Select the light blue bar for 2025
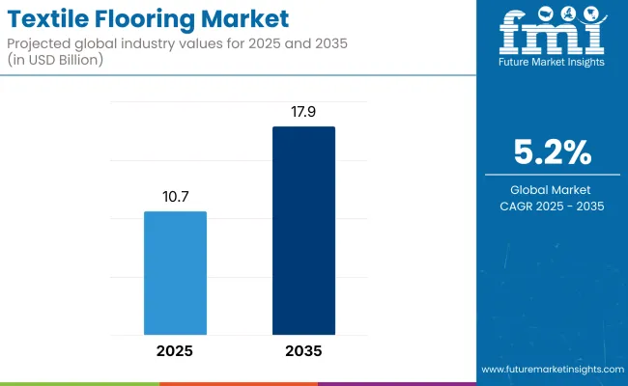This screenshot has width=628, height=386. pos(175,273)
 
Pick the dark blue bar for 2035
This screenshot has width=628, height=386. pos(303,231)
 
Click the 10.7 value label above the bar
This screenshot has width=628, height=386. pos(175,196)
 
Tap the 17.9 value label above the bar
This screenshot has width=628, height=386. pos(303,112)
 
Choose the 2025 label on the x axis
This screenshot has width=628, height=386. pos(175,351)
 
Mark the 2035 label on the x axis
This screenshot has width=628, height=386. pos(303,351)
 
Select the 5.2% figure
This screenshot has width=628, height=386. pos(551,152)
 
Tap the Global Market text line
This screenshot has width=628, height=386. pos(551,189)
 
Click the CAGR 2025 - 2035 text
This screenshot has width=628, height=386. pos(551,206)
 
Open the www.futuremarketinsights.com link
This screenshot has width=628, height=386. pos(550,370)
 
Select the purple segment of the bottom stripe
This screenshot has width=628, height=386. pos(396,383)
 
